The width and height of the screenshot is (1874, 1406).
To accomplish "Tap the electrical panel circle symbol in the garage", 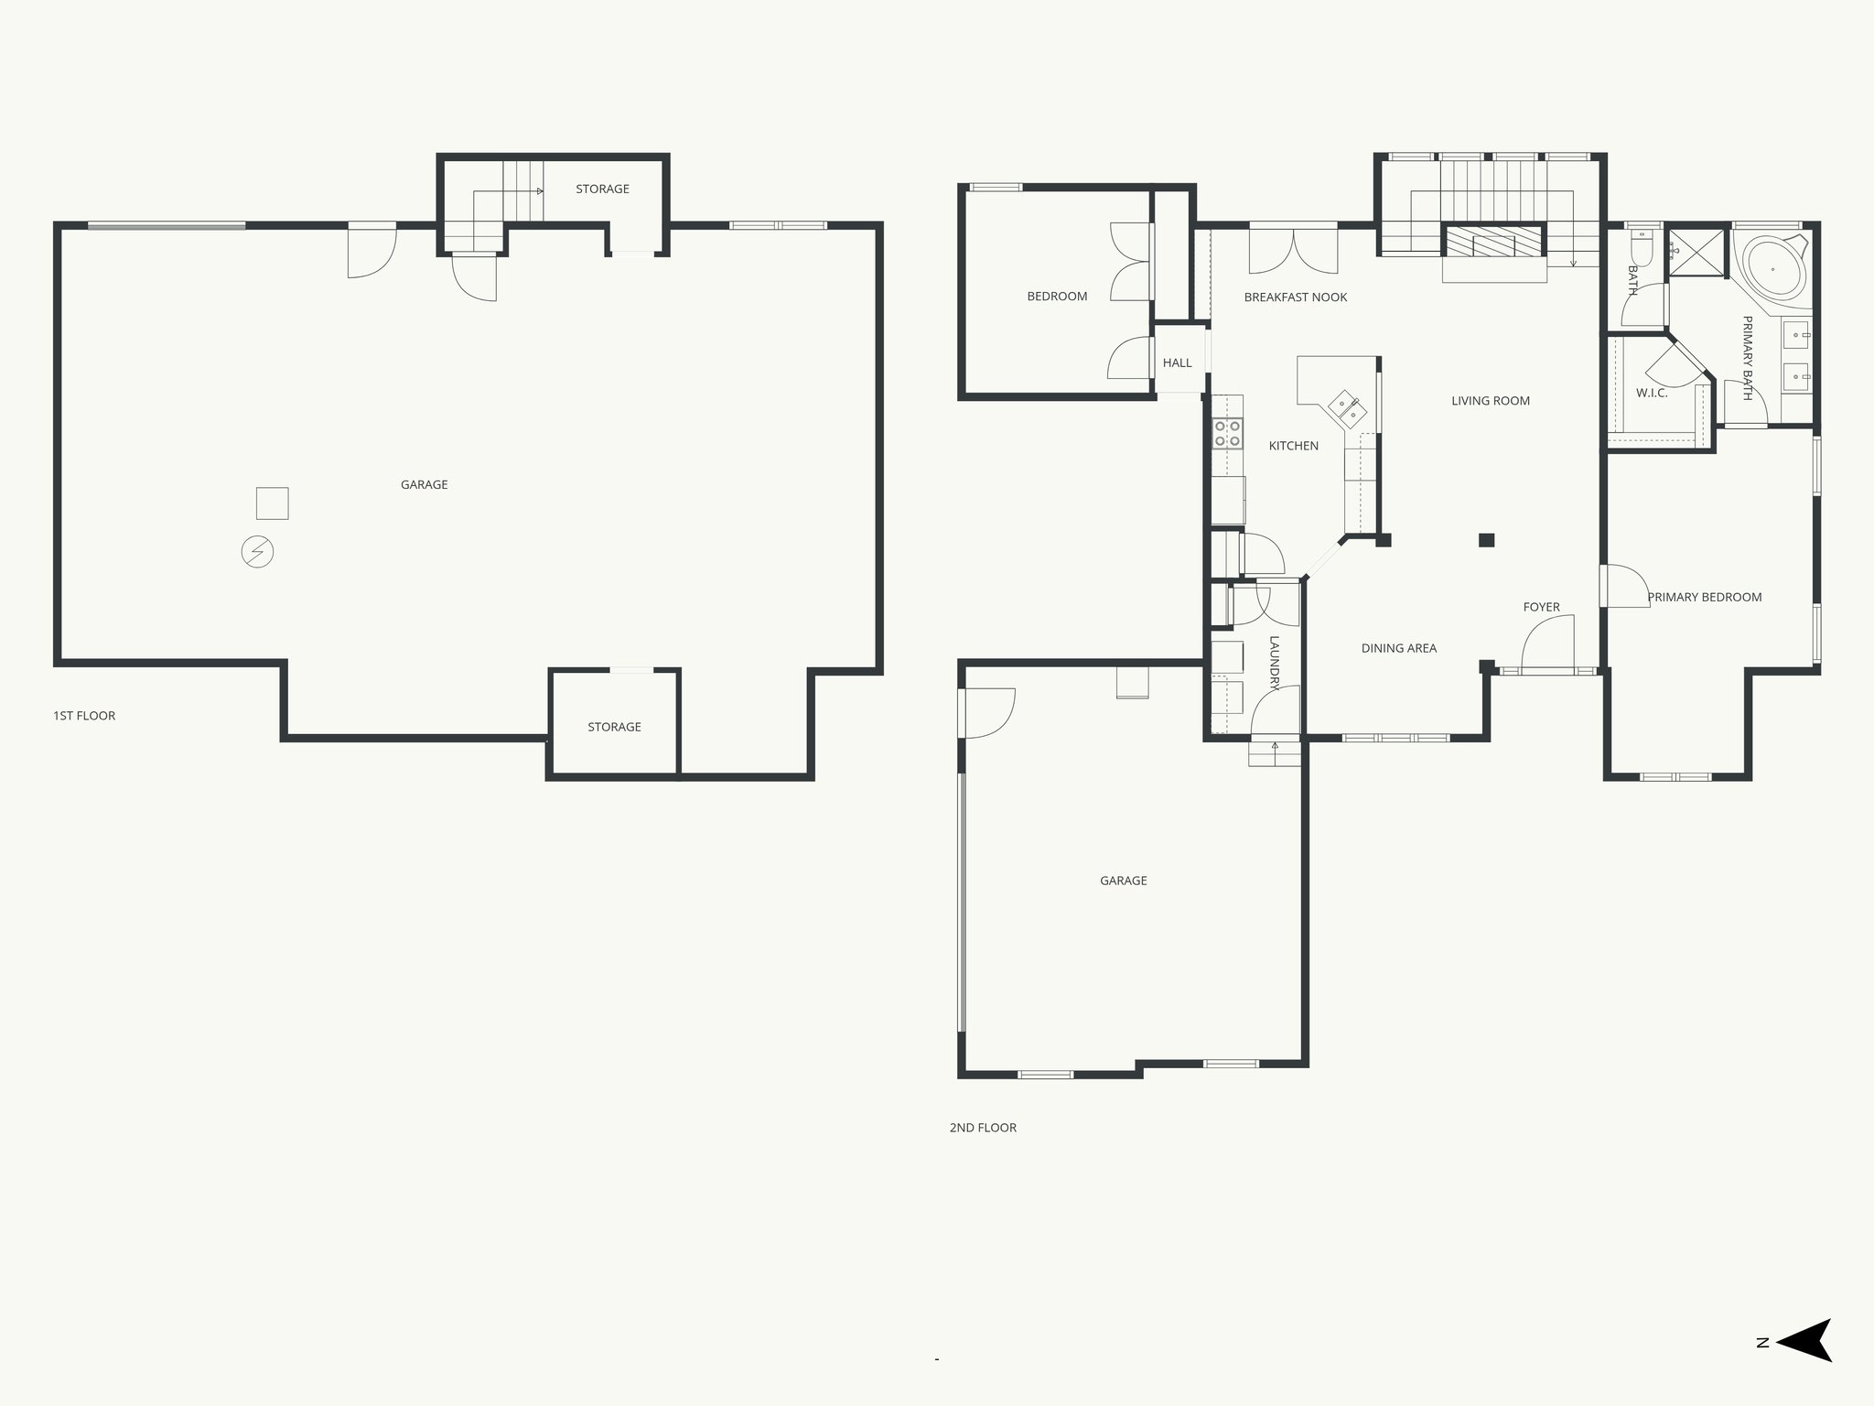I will [257, 552].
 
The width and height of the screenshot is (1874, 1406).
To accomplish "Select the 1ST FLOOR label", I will [84, 716].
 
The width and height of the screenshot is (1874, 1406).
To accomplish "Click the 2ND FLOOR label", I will [983, 1128].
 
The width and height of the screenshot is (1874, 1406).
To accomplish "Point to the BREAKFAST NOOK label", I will [1295, 297].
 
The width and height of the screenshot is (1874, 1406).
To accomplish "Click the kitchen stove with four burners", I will [1227, 433].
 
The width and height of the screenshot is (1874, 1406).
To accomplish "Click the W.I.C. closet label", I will [1652, 394].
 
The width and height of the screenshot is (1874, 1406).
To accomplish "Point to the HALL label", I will [1177, 363].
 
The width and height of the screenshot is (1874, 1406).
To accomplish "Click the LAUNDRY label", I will [1275, 660].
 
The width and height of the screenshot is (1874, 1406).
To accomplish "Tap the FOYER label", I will [1541, 607].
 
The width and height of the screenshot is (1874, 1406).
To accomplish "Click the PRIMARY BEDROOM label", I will [1704, 598].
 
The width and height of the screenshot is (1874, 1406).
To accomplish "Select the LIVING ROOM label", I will [1490, 401].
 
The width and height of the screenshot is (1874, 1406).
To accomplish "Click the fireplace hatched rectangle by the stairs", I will [1493, 243].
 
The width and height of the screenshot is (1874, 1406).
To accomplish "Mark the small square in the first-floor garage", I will [272, 503].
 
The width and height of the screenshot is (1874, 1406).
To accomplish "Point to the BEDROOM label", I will [1057, 297].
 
